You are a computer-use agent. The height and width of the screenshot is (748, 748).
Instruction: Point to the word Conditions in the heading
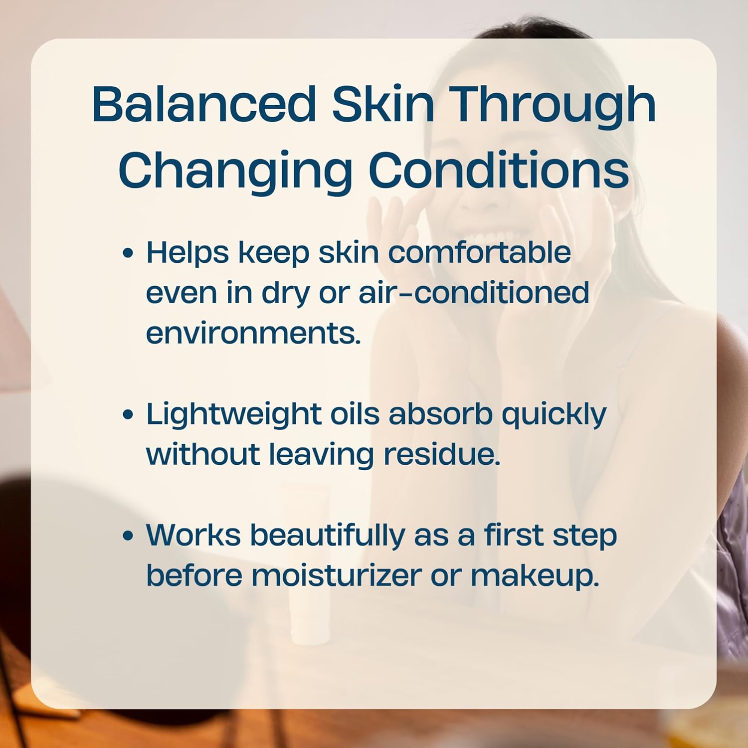pos(499,170)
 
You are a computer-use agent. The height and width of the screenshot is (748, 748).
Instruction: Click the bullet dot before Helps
pos(128,253)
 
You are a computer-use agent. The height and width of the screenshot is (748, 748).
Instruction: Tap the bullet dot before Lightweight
pos(128,414)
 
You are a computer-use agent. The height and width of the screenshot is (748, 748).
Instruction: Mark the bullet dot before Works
pos(128,536)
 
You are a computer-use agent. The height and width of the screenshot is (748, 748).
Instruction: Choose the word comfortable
pos(479,252)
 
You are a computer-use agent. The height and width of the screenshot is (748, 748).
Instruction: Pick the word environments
pos(253,333)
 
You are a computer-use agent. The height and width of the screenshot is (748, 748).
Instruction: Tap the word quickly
pos(554,414)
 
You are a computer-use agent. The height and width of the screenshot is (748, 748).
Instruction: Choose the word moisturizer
pos(337,575)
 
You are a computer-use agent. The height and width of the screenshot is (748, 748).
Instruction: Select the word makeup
pos(535,575)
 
